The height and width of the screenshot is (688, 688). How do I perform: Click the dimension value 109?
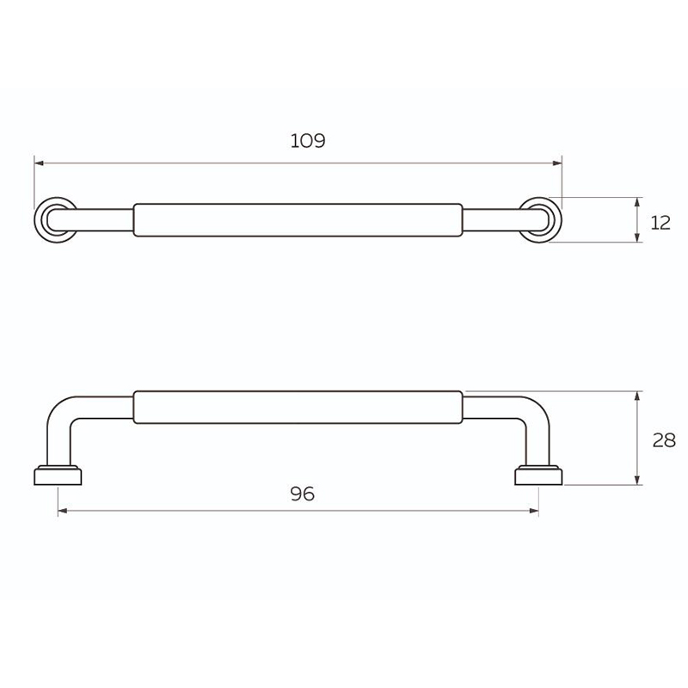click(x=308, y=141)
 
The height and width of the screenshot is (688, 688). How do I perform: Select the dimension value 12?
click(x=660, y=224)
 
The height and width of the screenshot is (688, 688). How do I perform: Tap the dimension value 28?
click(x=664, y=440)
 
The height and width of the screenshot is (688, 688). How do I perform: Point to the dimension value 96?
click(x=303, y=494)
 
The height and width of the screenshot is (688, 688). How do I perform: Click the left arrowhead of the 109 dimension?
click(x=39, y=163)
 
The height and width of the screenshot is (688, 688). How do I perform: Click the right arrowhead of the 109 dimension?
click(x=557, y=163)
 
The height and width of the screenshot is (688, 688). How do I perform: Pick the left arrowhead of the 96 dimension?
click(x=63, y=511)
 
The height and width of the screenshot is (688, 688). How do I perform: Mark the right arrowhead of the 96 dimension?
click(x=534, y=511)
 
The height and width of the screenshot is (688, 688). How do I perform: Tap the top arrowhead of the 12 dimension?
click(x=637, y=202)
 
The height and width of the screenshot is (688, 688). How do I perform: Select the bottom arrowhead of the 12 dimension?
click(x=637, y=237)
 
